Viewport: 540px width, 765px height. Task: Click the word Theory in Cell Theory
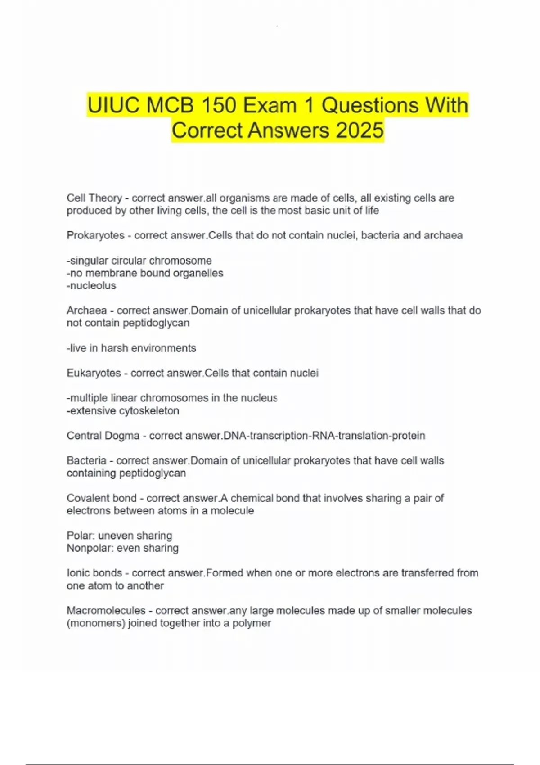(x=106, y=198)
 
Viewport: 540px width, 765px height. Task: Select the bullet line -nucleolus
(x=91, y=286)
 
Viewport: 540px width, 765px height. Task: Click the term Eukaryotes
(x=94, y=373)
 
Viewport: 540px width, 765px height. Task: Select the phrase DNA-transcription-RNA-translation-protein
(x=324, y=436)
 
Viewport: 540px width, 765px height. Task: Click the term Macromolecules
(x=106, y=611)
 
